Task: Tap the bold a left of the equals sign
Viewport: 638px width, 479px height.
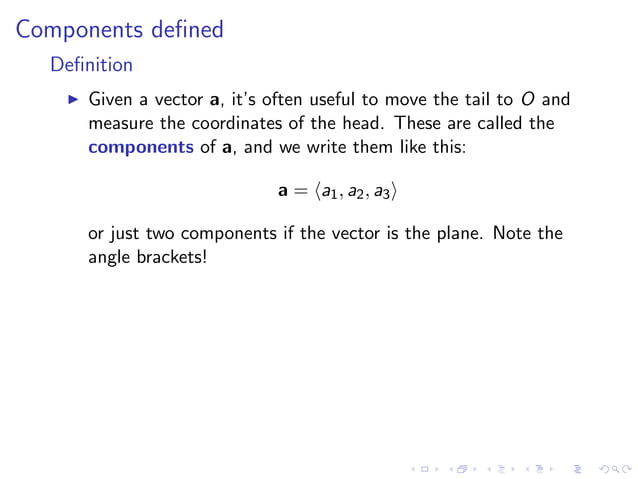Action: [283, 189]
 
